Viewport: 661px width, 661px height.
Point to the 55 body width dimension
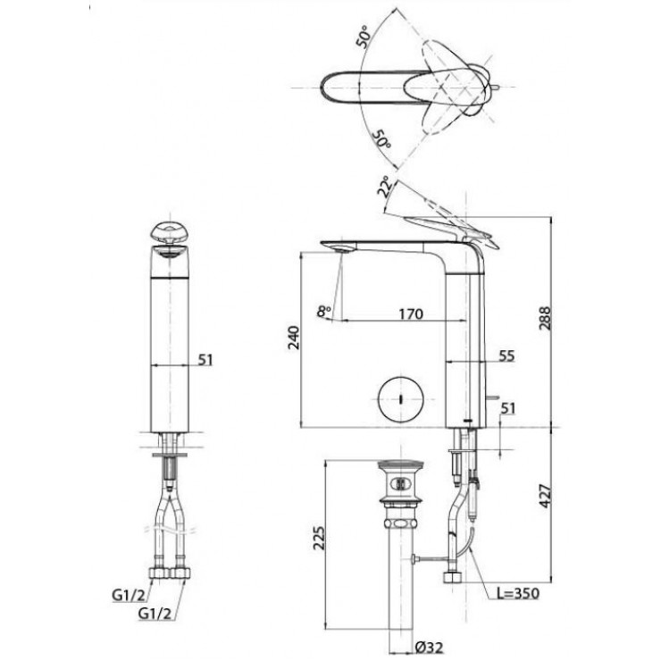[506, 356]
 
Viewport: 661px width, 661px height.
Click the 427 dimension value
[546, 493]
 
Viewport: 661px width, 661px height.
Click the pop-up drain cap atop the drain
[399, 468]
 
